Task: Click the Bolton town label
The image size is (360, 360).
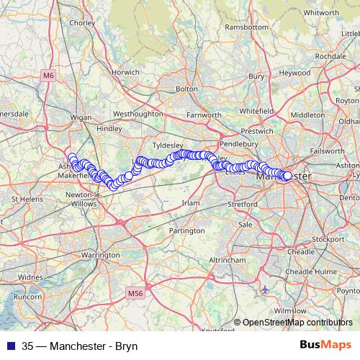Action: [x=186, y=89]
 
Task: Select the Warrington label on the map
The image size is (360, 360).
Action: [x=100, y=255]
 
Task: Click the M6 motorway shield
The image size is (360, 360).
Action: [x=48, y=74]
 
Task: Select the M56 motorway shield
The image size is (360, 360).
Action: [x=136, y=292]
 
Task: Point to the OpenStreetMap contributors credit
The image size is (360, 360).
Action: [x=297, y=323]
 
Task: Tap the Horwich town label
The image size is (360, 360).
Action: [x=125, y=72]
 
